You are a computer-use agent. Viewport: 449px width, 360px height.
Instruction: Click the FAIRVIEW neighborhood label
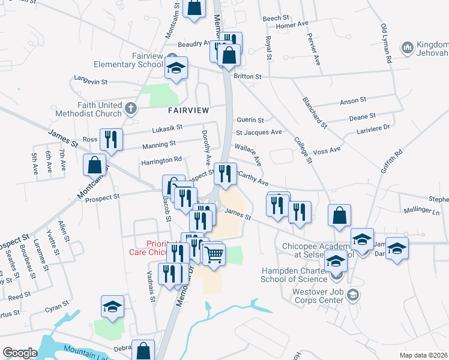coord(188,110)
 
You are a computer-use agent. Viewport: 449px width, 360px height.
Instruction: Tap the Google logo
coord(20,353)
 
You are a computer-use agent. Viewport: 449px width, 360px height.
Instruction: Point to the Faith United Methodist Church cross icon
coord(132,109)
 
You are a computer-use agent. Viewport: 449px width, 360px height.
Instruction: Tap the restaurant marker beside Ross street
coord(111,140)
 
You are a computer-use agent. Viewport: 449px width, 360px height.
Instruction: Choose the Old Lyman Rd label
coord(386,43)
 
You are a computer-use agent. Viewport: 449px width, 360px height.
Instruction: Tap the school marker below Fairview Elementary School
coord(176,68)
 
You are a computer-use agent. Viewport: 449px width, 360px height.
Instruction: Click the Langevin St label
coord(90,80)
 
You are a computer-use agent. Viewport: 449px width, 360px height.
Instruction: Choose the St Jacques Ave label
coord(259,132)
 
